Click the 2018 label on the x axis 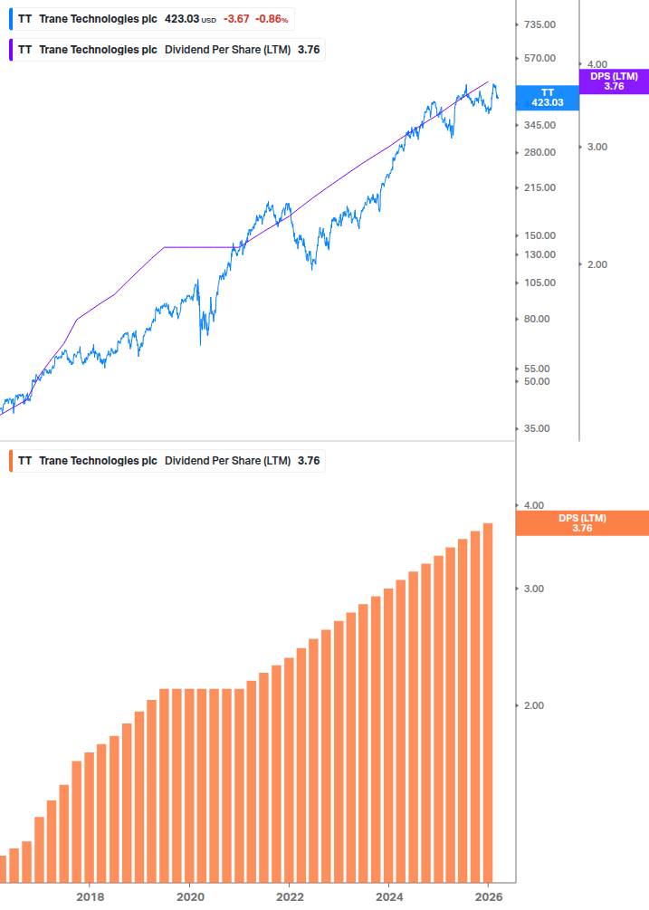[x=90, y=896]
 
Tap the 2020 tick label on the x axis [x=189, y=896]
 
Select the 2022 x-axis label [x=289, y=896]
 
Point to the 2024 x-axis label [x=388, y=896]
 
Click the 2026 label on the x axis [x=488, y=896]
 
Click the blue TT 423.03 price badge [x=547, y=98]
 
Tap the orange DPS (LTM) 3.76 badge [x=582, y=523]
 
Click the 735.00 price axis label [x=539, y=25]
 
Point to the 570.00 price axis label [x=539, y=59]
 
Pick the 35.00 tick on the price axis [x=539, y=429]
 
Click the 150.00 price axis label [x=539, y=235]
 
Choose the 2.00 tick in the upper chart [x=597, y=264]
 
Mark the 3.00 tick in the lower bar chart [x=534, y=589]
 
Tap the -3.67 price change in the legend [x=236, y=18]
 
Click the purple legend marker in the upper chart [x=11, y=50]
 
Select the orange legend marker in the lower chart [x=11, y=461]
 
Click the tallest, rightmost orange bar [x=488, y=702]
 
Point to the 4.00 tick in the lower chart [x=534, y=505]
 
